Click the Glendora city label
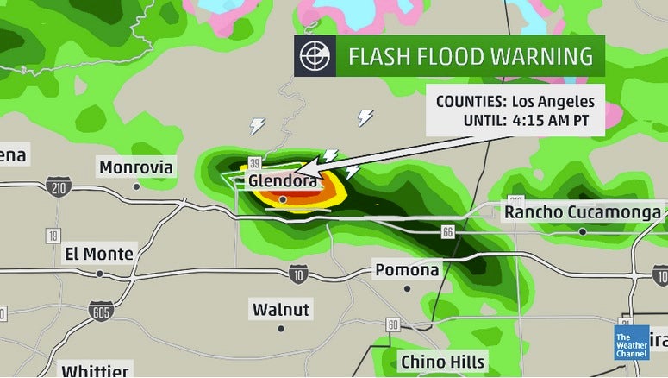pos(284,182)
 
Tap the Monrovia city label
pos(136,167)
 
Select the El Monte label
pos(100,254)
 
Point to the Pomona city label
pos(407,270)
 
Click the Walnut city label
pos(281,309)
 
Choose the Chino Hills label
pos(443,362)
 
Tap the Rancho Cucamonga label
pos(583,212)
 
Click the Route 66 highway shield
pos(446,232)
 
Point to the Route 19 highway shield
pos(54,236)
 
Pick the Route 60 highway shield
pos(393,324)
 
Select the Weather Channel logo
pos(632,342)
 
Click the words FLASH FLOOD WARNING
pos(471,57)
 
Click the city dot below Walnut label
pos(281,328)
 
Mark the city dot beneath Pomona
pos(407,288)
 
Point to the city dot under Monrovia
pos(136,186)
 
